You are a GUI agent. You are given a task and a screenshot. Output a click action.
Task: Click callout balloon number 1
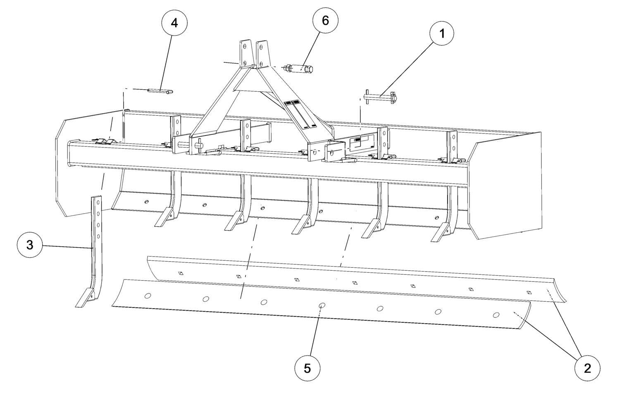click(x=441, y=34)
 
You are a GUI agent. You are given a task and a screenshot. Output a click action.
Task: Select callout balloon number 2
click(x=587, y=367)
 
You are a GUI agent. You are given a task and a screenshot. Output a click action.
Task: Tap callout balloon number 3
click(x=30, y=245)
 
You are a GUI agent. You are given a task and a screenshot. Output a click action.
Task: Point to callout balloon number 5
click(x=307, y=367)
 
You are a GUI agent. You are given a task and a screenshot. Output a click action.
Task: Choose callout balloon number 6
click(x=325, y=20)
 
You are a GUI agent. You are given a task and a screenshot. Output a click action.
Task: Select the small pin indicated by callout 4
click(x=161, y=91)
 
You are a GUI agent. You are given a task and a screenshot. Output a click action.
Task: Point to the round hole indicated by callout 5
click(x=321, y=305)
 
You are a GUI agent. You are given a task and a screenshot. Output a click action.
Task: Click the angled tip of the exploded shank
click(x=86, y=298)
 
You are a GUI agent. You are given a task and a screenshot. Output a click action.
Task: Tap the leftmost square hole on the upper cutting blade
click(x=180, y=273)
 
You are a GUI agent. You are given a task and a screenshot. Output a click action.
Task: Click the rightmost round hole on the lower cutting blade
click(x=496, y=315)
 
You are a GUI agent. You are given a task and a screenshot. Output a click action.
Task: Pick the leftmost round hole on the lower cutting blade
click(x=148, y=295)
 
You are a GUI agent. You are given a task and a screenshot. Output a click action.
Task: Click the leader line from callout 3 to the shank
click(x=66, y=247)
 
